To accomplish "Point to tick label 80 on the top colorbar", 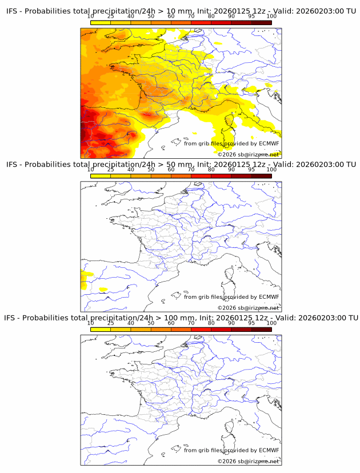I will pos(211,16).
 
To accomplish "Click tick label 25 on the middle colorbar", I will pos(111,170).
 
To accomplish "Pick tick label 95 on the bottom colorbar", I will pos(251,323).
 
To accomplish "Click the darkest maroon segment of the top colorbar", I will pos(261,22).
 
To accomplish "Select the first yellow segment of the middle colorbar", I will pos(101,175).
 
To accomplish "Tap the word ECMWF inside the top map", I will pos(269,143).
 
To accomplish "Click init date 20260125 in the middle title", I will pos(235,164).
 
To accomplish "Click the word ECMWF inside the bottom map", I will pos(269,450).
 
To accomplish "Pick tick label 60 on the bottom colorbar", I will pos(171,323).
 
